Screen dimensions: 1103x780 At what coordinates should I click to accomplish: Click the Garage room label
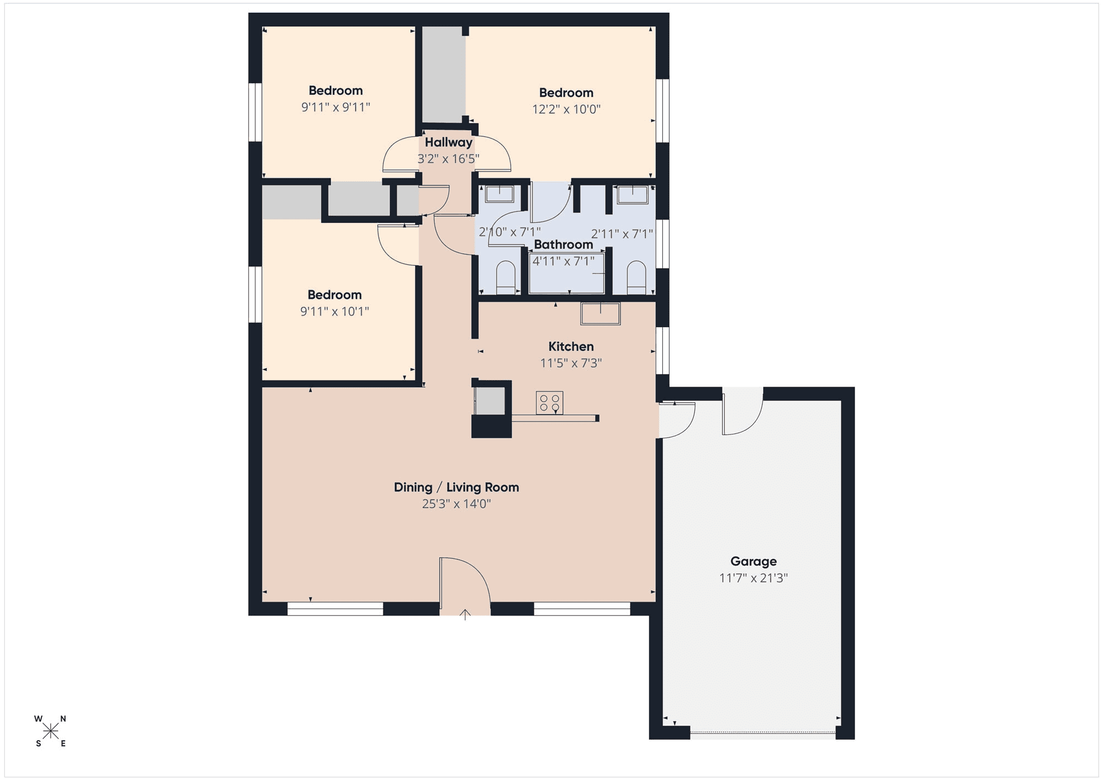pos(753,562)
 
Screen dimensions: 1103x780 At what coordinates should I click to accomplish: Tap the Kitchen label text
pos(571,346)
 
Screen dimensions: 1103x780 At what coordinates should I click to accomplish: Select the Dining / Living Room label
pos(456,487)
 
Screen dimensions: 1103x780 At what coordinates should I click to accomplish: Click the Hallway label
pos(448,142)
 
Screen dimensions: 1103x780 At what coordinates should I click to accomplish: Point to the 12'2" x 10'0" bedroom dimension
pos(566,109)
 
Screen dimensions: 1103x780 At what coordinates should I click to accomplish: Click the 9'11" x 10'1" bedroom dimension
pos(334,311)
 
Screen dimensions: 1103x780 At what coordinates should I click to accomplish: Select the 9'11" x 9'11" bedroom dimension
pos(335,107)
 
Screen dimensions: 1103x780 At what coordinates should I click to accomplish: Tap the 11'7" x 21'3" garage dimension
pos(753,578)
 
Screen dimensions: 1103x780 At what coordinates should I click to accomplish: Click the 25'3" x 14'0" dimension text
pos(456,504)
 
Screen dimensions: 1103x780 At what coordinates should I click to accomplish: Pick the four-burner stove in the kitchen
pos(549,403)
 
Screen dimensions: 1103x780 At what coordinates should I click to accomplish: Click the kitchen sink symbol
pos(600,313)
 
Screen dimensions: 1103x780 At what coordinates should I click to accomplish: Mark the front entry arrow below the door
pos(465,615)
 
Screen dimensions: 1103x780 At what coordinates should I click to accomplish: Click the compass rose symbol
pos(50,731)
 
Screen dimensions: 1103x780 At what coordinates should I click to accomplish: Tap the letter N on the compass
pos(63,719)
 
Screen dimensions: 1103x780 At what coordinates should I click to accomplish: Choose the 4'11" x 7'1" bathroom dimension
pos(563,261)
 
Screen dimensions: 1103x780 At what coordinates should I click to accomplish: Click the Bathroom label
pos(563,244)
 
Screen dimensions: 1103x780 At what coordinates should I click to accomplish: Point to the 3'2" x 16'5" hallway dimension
pos(448,159)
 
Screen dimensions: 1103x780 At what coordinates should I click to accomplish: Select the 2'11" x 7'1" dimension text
pos(622,234)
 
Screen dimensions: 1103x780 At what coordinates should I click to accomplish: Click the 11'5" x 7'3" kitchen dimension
pos(571,363)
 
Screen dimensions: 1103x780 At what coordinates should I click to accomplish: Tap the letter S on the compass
pos(39,744)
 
